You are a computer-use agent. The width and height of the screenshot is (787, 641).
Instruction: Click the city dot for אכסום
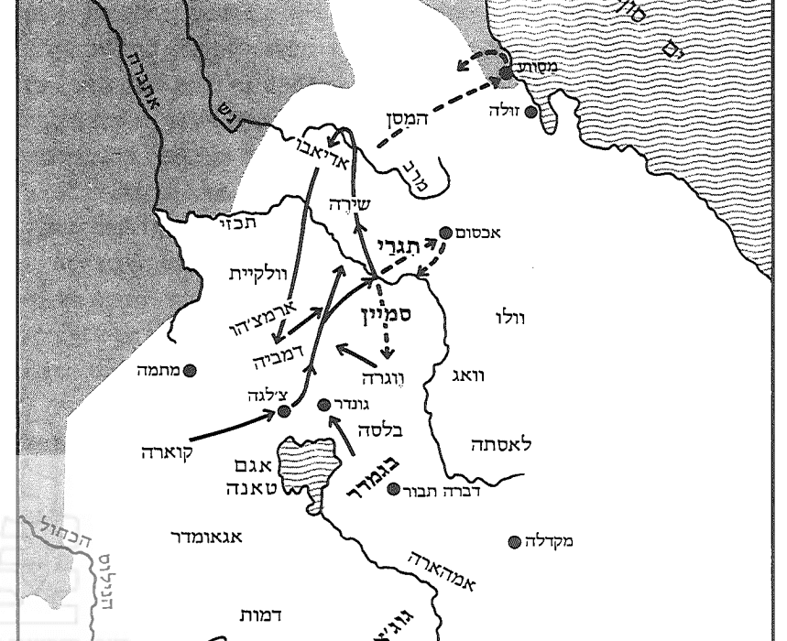point(446,233)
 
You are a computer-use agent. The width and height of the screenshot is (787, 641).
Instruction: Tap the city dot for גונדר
point(322,404)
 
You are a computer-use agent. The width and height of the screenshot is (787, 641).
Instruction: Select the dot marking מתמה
point(190,370)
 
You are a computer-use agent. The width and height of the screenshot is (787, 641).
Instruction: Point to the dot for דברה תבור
point(393,489)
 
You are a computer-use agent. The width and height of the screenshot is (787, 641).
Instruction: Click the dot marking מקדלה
point(514,541)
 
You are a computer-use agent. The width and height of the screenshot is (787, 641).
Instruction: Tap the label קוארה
point(168,452)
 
